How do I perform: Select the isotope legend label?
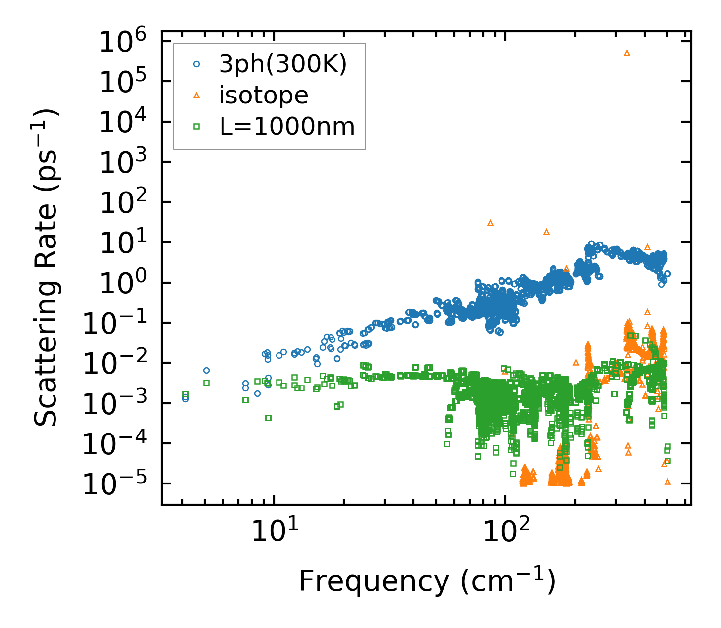click(x=264, y=95)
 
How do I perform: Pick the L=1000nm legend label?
click(x=287, y=127)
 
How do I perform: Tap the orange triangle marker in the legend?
click(x=196, y=95)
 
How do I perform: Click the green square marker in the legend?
click(x=196, y=127)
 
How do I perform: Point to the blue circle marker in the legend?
click(x=196, y=64)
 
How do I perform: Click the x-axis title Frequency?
click(x=426, y=581)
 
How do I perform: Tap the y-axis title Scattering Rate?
click(x=47, y=267)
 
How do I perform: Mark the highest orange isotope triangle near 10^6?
click(x=627, y=53)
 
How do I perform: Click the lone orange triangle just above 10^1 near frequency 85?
click(x=490, y=223)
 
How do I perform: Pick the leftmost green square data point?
click(x=185, y=394)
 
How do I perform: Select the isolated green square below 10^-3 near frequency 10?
click(x=268, y=418)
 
